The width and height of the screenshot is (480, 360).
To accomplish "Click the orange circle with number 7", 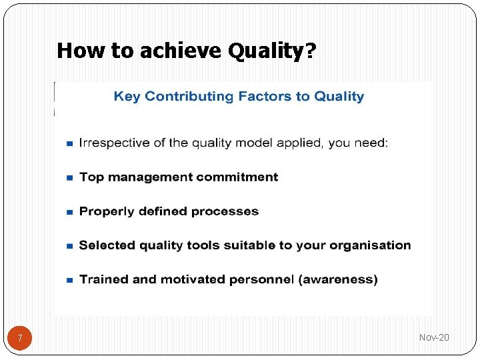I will [20, 339].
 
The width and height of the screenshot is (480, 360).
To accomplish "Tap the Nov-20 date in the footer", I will [434, 338].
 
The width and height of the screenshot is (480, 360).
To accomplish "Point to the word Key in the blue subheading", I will [127, 97].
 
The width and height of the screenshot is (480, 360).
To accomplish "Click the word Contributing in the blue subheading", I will [189, 97].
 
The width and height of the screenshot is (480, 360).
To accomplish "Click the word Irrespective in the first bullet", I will [113, 143].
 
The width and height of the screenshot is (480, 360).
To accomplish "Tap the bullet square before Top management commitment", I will [69, 178].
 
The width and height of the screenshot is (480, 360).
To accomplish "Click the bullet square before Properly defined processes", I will [69, 212].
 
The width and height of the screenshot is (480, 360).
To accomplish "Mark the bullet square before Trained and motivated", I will [69, 281].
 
